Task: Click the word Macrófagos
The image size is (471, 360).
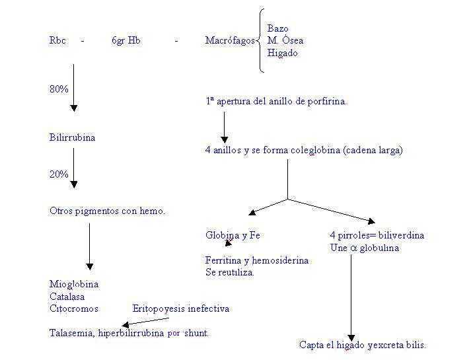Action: tap(229, 41)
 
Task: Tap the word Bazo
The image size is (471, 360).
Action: tap(277, 28)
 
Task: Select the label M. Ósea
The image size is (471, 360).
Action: tap(285, 41)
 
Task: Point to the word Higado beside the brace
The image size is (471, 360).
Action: tap(282, 54)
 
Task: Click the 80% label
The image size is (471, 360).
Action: tap(59, 89)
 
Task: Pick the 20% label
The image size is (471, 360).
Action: tap(59, 174)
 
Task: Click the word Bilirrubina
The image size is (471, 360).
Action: tap(72, 138)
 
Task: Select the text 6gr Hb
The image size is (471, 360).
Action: tap(126, 41)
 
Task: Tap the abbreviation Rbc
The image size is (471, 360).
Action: tap(57, 41)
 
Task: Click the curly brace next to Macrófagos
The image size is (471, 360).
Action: tap(262, 41)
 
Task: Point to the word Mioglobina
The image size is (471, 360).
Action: tap(74, 284)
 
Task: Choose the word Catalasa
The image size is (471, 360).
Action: tap(67, 297)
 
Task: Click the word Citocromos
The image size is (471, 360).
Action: tap(73, 308)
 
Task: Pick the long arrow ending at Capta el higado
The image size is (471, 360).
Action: tap(351, 297)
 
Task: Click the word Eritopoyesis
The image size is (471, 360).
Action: tap(159, 308)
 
